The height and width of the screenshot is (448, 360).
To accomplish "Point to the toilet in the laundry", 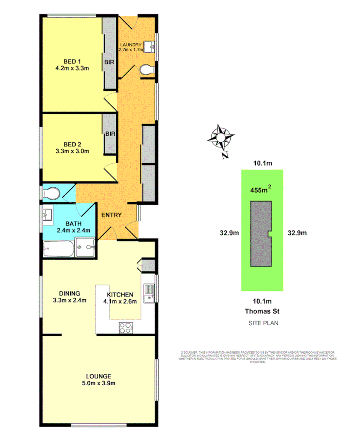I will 146,70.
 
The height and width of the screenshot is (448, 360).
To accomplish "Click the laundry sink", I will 149,46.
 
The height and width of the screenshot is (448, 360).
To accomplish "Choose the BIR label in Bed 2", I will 110,134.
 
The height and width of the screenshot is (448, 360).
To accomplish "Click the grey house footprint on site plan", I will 260,236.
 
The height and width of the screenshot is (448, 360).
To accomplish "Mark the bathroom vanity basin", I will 48,215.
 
